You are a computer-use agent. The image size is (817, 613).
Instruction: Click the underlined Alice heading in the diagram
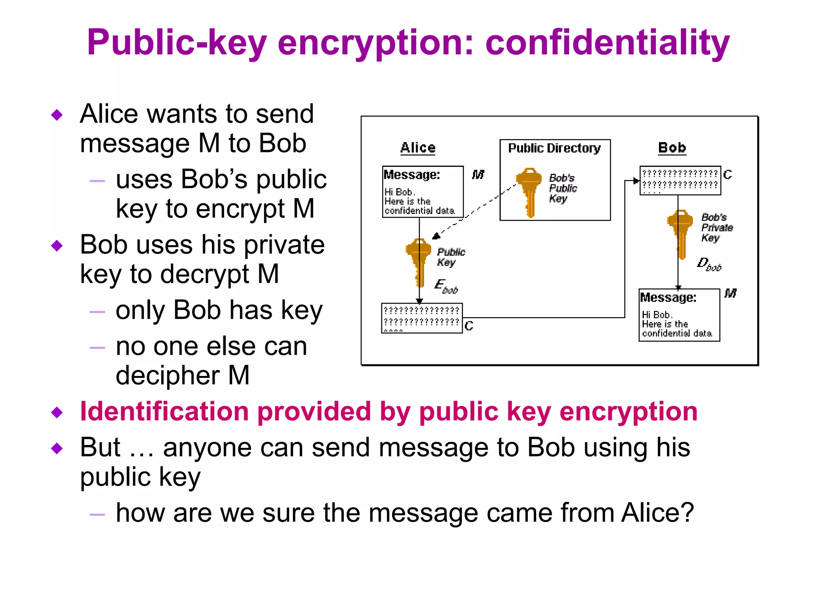pyautogui.click(x=418, y=148)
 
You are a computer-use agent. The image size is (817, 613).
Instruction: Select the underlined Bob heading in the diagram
pyautogui.click(x=672, y=148)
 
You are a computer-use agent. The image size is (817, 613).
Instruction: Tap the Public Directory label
pyautogui.click(x=554, y=148)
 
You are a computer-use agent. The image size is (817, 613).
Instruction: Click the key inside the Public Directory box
pyautogui.click(x=529, y=192)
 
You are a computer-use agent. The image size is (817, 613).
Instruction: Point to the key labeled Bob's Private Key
pyautogui.click(x=680, y=233)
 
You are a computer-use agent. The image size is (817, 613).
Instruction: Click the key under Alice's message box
pyautogui.click(x=418, y=261)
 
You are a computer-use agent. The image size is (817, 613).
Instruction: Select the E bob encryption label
pyautogui.click(x=446, y=287)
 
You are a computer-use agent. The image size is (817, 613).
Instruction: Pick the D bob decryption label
pyautogui.click(x=708, y=264)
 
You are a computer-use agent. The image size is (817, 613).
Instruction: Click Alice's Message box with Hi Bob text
pyautogui.click(x=422, y=192)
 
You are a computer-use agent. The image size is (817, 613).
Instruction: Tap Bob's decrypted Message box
pyautogui.click(x=679, y=315)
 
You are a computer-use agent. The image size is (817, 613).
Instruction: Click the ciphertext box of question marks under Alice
pyautogui.click(x=422, y=318)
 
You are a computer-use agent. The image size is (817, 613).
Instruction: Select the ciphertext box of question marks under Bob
pyautogui.click(x=680, y=180)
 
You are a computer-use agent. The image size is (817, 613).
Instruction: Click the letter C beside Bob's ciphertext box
pyautogui.click(x=728, y=175)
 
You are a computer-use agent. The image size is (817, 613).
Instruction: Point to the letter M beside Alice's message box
pyautogui.click(x=478, y=174)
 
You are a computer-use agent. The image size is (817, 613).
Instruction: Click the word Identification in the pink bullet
pyautogui.click(x=164, y=411)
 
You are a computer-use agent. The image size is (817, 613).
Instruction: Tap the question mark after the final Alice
pyautogui.click(x=687, y=512)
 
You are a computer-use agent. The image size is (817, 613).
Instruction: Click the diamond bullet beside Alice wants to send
pyautogui.click(x=57, y=115)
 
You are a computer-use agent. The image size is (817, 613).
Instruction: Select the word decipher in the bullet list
pyautogui.click(x=168, y=376)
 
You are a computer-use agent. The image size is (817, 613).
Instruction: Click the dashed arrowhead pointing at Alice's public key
pyautogui.click(x=436, y=236)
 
